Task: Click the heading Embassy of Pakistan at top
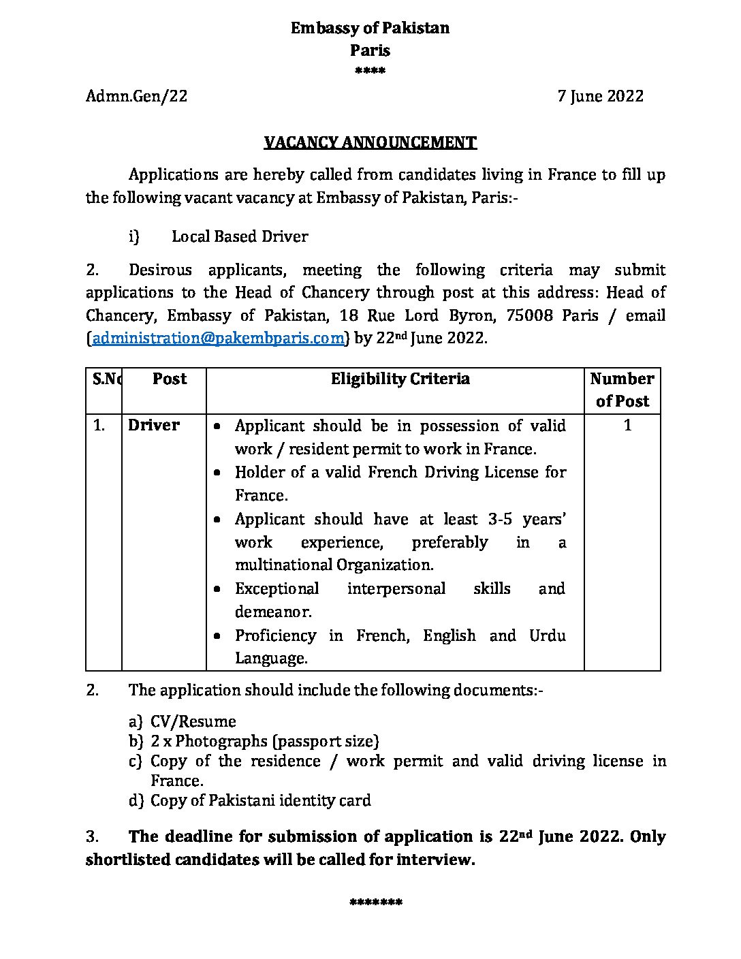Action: pos(370,28)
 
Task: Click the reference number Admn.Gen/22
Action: pos(136,96)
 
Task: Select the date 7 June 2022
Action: pos(600,96)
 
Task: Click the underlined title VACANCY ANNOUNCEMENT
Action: pos(370,142)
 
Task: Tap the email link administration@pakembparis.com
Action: pos(218,338)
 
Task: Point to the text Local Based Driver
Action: pos(240,236)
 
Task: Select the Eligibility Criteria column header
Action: pos(400,379)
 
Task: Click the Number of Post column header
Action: pos(622,390)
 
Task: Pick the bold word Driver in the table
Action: pos(154,425)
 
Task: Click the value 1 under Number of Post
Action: pos(627,425)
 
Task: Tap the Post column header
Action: pos(170,379)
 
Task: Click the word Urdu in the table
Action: pos(548,635)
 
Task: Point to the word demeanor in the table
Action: pos(273,612)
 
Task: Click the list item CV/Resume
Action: pos(193,721)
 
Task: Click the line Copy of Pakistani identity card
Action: pos(261,800)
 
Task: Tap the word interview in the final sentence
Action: pos(433,860)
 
